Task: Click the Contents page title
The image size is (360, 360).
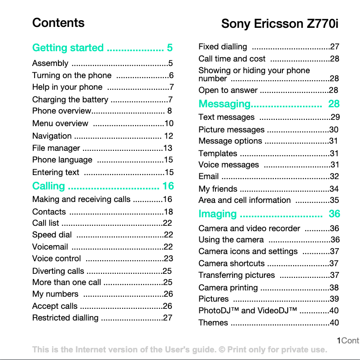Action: click(58, 23)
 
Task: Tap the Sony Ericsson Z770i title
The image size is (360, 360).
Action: click(279, 24)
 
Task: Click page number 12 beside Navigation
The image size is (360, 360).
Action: click(168, 136)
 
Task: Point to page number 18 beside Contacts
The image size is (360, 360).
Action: click(168, 212)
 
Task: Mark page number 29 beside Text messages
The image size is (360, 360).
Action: click(335, 118)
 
